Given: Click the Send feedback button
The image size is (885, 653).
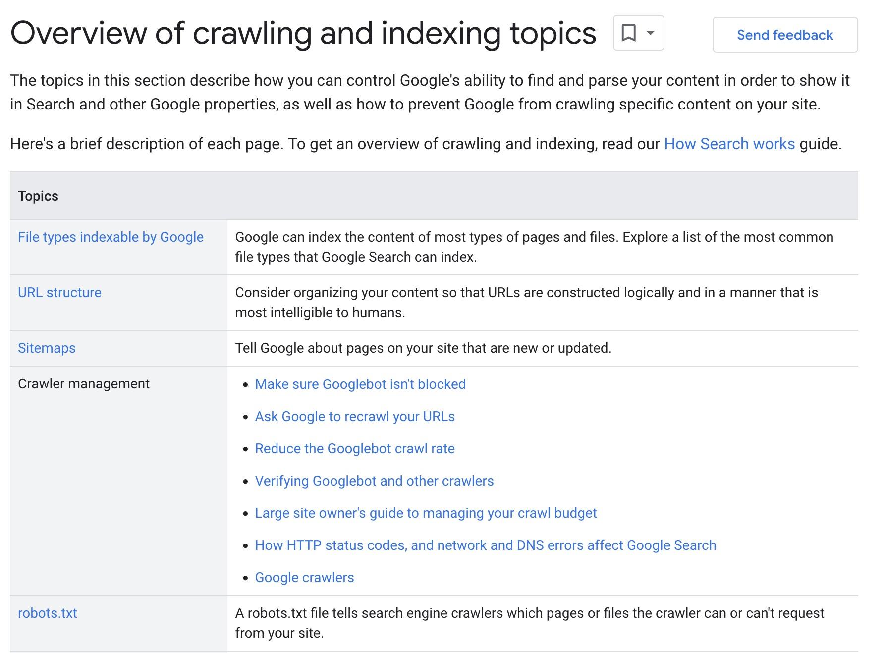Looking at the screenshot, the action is coord(785,35).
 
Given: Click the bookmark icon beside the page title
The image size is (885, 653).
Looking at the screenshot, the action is coord(628,33).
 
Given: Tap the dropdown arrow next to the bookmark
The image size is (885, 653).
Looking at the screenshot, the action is coord(651,33).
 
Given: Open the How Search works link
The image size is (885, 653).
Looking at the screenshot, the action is coord(729,144).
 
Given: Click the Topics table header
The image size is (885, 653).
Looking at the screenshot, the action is coord(38,196).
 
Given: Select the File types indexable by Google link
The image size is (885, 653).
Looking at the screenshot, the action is coord(111,237).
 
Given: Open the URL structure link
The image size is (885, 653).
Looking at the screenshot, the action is coord(59,293).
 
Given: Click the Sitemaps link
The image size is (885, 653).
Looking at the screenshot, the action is coord(47,348).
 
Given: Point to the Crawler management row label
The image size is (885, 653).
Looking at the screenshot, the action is coord(83,384).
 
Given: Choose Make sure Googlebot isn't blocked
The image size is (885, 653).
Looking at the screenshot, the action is coord(360,384).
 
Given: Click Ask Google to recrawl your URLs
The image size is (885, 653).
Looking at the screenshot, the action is coord(355,417).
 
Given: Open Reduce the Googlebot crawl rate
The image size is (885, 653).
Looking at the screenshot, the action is coord(355,449).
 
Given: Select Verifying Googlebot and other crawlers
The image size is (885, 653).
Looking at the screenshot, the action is coord(374,481).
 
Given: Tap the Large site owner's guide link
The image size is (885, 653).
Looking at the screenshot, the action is coord(426,513).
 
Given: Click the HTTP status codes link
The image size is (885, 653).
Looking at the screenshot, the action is coord(485,545).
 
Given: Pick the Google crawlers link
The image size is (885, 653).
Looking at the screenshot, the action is coord(304,578).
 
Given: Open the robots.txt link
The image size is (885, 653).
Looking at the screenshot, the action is coord(48,613).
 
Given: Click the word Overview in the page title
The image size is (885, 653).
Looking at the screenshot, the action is coord(78,34).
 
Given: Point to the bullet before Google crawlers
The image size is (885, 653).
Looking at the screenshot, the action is coord(245,578).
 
